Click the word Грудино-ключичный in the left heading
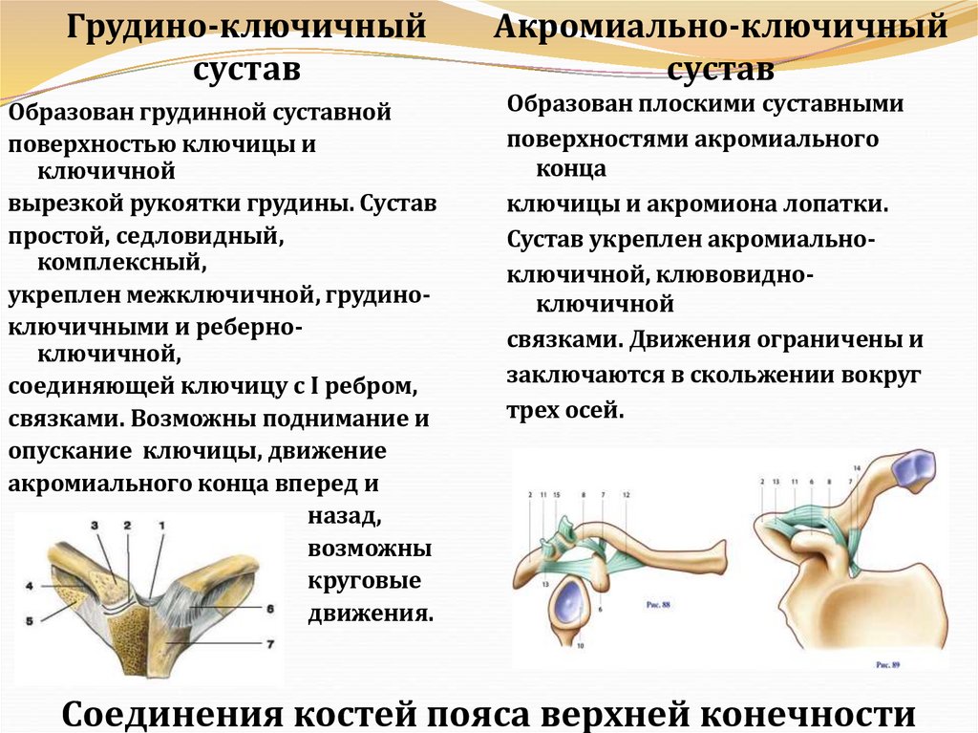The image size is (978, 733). [x=245, y=27]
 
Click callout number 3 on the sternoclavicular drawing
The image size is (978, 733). [x=95, y=525]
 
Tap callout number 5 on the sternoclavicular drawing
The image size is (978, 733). [x=29, y=620]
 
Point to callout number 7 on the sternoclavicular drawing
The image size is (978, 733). [x=270, y=644]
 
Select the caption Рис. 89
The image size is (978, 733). [x=889, y=660]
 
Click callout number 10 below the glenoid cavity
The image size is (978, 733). [x=580, y=646]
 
